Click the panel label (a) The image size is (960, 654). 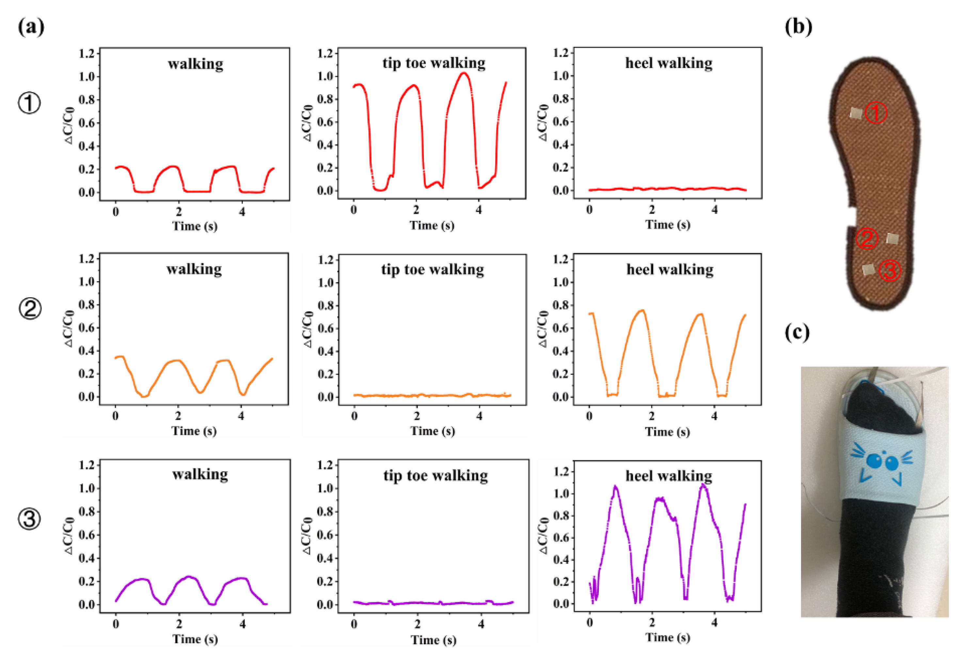(31, 27)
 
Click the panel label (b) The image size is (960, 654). (798, 27)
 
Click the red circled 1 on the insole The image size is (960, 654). (876, 112)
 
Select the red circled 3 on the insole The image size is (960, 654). (889, 270)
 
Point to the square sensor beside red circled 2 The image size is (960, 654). (892, 238)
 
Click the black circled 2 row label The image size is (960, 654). (30, 309)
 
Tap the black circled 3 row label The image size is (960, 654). (29, 519)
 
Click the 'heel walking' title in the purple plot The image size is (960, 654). (668, 476)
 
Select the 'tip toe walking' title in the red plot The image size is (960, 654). (433, 63)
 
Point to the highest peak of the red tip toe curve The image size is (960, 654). (464, 74)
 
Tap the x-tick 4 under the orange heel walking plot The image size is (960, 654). (714, 417)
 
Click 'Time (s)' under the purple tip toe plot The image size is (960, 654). (433, 640)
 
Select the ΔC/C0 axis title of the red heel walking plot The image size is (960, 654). (543, 123)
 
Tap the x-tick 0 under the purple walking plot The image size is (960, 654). (116, 624)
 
